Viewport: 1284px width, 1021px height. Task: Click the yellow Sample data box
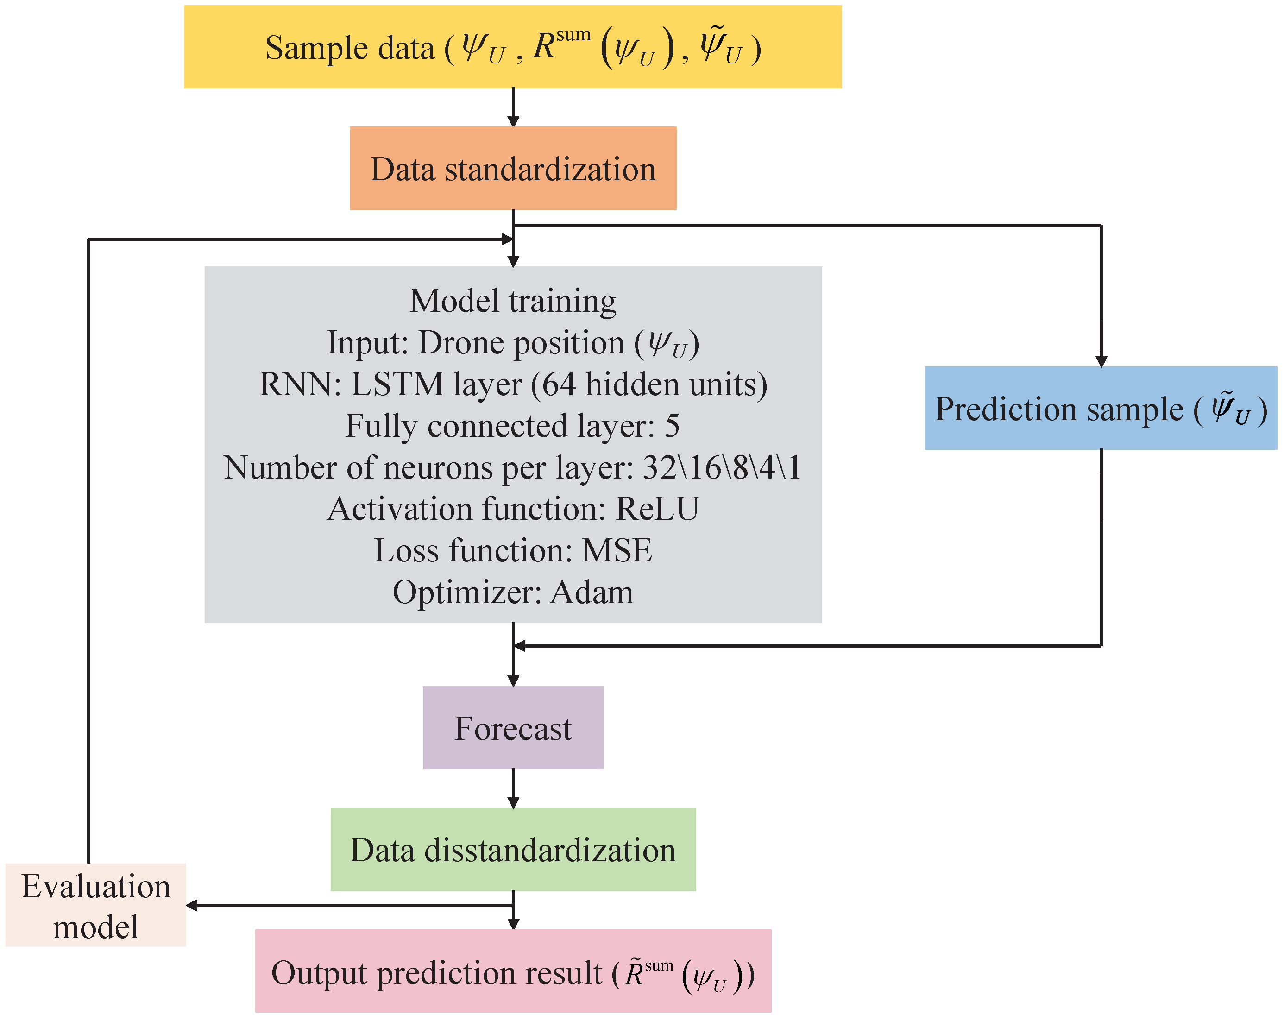pos(512,47)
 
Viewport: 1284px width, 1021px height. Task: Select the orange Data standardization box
pos(513,169)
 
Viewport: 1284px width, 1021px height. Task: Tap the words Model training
pos(513,301)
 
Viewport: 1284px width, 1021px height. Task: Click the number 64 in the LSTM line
pos(559,384)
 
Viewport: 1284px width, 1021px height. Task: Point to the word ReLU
pos(657,509)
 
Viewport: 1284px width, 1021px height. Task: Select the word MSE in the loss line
pos(617,550)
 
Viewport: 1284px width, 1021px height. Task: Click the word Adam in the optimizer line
pos(592,592)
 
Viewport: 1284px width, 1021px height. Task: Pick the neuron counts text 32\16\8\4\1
pos(722,467)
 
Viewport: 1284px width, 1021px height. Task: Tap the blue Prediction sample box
pos(1101,409)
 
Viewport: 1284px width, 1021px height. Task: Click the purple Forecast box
pos(513,728)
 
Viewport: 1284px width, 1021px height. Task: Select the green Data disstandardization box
pos(513,850)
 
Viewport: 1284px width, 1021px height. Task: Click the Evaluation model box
pos(96,906)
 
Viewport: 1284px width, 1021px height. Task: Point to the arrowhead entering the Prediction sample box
pos(1101,361)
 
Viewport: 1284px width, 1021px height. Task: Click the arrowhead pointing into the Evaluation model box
pos(192,906)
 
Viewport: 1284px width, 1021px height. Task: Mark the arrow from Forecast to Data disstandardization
pos(513,789)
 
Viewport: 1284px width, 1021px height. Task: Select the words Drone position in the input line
pos(521,343)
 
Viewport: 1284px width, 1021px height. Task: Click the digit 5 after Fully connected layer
pos(672,426)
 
